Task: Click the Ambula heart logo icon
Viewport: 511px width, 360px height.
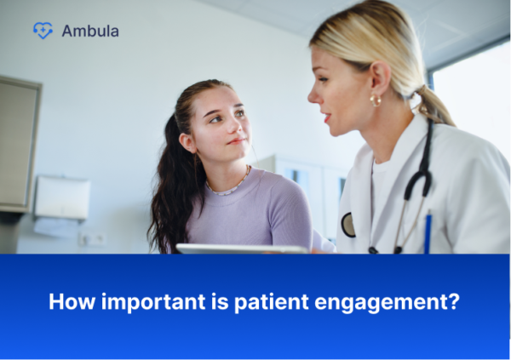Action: [43, 31]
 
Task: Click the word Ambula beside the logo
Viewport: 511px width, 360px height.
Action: [90, 31]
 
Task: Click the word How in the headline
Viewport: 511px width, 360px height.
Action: [66, 302]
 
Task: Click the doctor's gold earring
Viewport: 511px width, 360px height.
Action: [375, 100]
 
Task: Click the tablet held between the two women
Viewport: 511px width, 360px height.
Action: [242, 249]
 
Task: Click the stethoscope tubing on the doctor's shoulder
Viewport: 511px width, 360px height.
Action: [423, 162]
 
